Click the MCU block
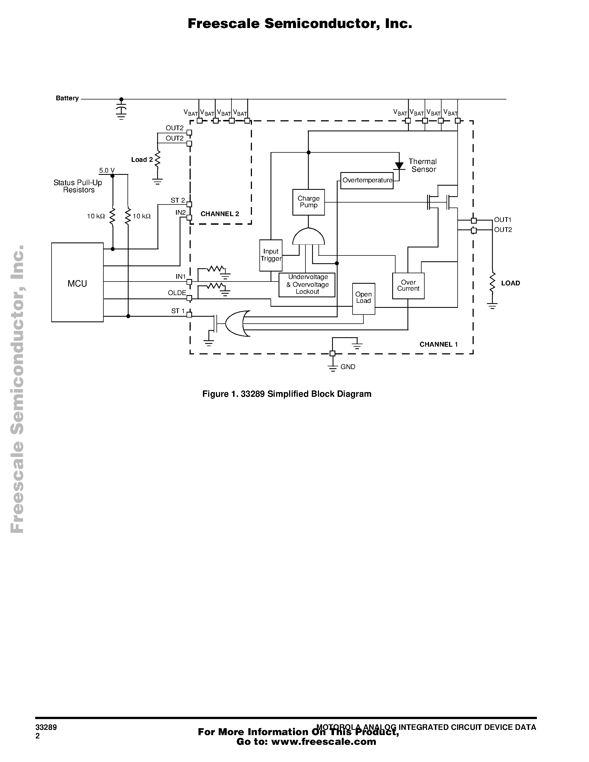coord(77,282)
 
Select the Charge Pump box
coord(308,202)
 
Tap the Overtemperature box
coord(367,180)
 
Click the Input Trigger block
coord(271,255)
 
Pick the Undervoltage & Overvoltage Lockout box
coord(307,285)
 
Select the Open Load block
coord(364,298)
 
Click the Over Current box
coord(408,285)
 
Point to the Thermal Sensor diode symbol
coord(399,166)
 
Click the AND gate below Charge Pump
coord(308,237)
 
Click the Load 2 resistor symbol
coord(157,159)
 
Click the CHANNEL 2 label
coord(220,214)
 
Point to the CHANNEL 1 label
coord(438,344)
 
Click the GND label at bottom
coord(348,367)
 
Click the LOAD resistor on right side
coord(492,283)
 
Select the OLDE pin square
coord(189,298)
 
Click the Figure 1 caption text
coord(287,394)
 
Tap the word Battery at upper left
coord(67,98)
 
